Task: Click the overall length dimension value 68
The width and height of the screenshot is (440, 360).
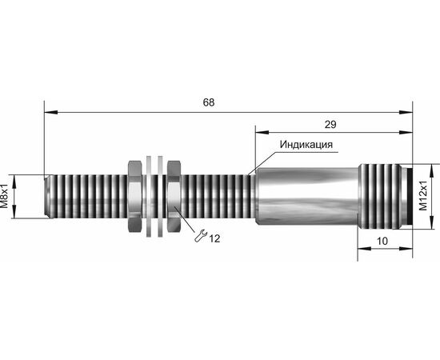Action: (x=209, y=102)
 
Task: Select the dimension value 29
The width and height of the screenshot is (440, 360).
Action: (x=330, y=124)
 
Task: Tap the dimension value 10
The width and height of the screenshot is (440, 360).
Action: (x=382, y=241)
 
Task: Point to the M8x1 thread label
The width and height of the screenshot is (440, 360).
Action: (x=5, y=197)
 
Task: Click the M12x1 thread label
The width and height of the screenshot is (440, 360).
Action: (x=423, y=195)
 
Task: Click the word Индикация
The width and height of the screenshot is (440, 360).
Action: (x=306, y=145)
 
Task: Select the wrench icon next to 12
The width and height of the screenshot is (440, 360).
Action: (x=201, y=235)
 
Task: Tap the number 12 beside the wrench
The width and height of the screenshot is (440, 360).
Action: (x=214, y=238)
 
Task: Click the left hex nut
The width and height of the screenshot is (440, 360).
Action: (x=135, y=196)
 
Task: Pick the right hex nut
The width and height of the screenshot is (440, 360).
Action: (x=174, y=196)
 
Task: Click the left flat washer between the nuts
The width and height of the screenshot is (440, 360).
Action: (x=149, y=196)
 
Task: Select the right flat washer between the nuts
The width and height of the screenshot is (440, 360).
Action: (x=160, y=196)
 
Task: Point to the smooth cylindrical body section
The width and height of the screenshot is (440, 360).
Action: (x=306, y=196)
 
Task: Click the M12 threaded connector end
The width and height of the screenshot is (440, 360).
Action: (x=379, y=197)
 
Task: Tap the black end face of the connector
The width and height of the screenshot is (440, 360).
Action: (x=408, y=197)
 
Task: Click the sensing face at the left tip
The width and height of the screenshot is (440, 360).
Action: (x=48, y=197)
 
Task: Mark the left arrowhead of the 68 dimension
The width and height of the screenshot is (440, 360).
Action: (x=50, y=112)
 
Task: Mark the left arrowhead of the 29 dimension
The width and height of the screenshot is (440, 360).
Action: (x=262, y=132)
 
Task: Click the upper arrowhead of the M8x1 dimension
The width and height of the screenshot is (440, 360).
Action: (x=14, y=181)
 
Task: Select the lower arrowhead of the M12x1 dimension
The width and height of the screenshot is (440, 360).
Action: (x=431, y=222)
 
